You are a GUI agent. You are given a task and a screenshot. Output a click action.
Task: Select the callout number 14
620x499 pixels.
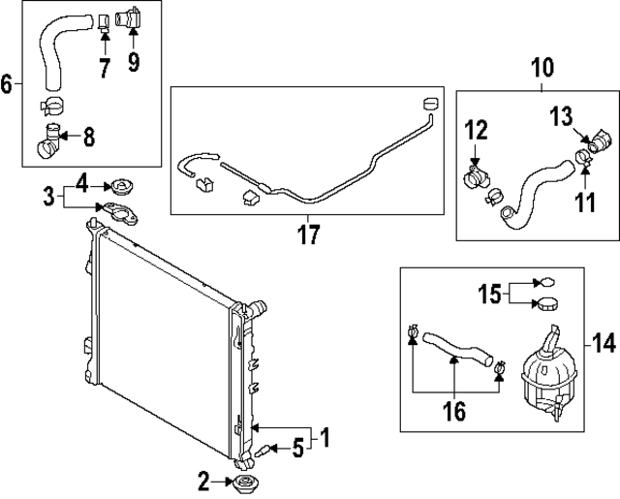point(603,341)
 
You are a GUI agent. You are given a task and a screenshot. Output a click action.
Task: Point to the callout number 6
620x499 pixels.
point(8,84)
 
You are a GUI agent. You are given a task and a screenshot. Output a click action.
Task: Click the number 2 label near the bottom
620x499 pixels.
point(204,479)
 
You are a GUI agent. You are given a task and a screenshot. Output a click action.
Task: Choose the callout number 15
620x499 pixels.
point(491,292)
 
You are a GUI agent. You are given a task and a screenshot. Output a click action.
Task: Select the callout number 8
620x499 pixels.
point(88,137)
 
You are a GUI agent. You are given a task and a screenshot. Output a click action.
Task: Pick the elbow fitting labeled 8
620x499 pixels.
point(49,140)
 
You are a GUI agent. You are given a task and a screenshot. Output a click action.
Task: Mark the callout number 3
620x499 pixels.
point(47,198)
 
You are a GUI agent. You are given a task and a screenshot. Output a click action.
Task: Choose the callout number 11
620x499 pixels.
point(583,202)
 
